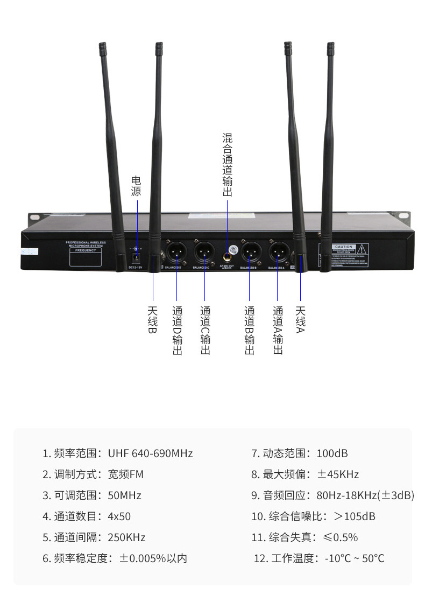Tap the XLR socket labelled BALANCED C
click(204, 251)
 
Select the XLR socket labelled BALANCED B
click(250, 251)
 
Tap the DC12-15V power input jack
click(136, 257)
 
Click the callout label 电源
click(136, 186)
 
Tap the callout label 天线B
click(153, 319)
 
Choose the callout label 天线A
click(300, 319)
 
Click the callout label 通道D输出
click(177, 330)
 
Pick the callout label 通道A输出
click(278, 330)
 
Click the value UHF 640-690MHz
click(150, 453)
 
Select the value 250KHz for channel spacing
click(126, 537)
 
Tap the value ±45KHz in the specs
click(337, 474)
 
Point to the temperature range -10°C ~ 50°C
click(355, 558)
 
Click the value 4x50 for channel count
click(119, 516)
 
